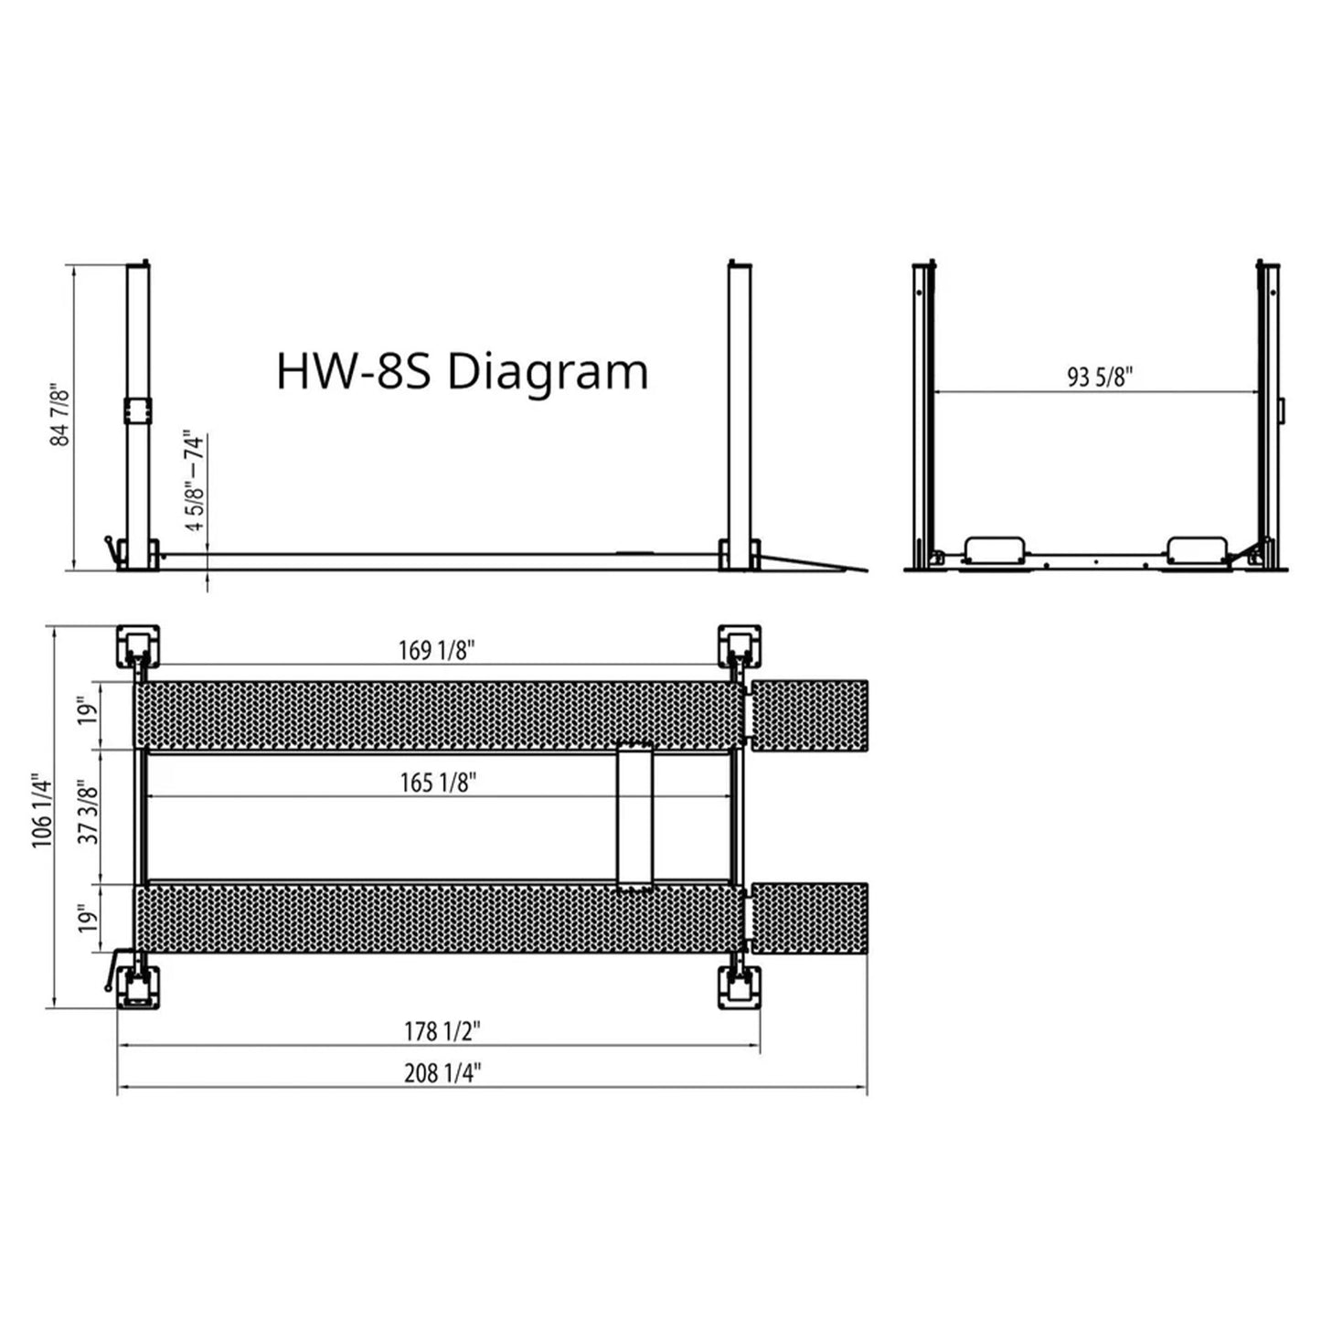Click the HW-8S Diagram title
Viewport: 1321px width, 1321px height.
[463, 372]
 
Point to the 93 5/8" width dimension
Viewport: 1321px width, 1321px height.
[1100, 377]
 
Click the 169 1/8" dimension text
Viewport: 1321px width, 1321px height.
[437, 650]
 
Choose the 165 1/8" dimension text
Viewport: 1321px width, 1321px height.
[438, 783]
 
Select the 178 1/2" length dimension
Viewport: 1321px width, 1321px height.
[442, 1031]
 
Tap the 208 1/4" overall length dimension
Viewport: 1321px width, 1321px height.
[442, 1072]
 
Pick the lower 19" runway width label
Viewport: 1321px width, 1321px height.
[87, 918]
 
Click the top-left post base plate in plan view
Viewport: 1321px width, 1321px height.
[138, 646]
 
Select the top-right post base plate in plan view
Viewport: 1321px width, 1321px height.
[739, 646]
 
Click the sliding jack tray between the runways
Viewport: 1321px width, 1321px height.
[634, 816]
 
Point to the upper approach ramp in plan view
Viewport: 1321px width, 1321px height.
[808, 715]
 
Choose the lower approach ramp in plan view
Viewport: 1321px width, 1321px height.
[808, 919]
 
